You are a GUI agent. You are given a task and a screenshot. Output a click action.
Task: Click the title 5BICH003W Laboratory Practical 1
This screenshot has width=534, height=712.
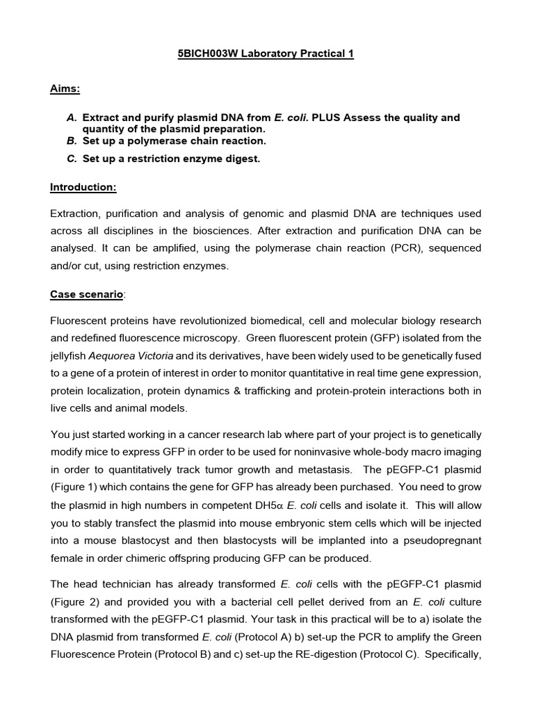pyautogui.click(x=266, y=54)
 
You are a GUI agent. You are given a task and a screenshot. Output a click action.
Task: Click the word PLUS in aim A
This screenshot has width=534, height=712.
pyautogui.click(x=327, y=118)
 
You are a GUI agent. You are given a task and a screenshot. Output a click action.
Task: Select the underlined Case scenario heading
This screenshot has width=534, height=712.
pyautogui.click(x=87, y=294)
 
